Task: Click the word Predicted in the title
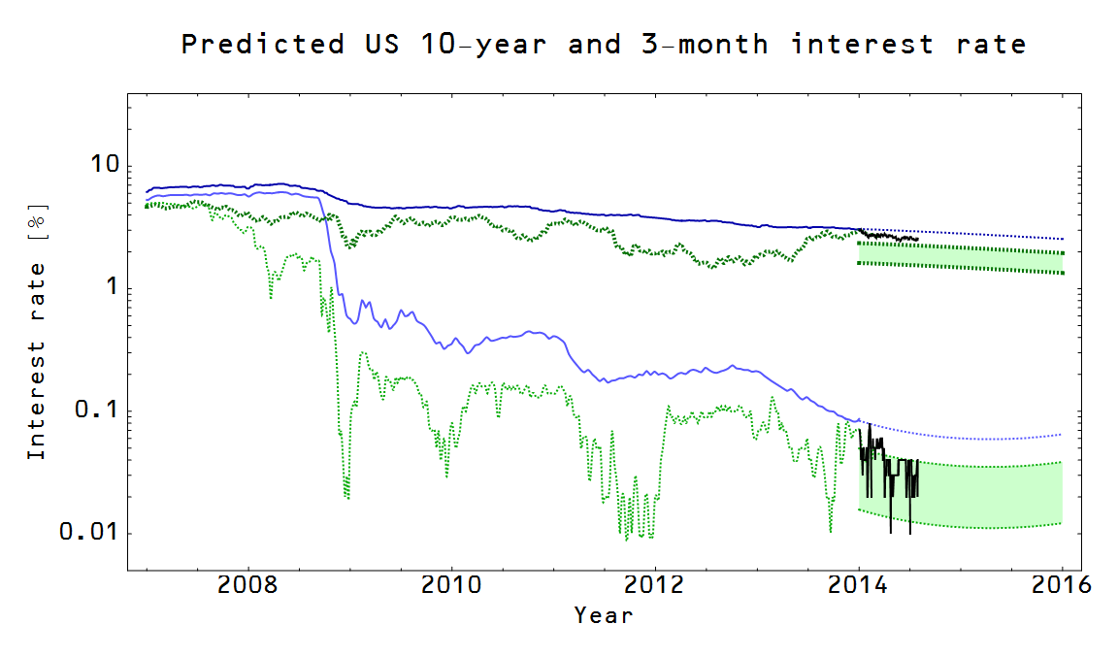[262, 45]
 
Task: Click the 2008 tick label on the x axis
[248, 585]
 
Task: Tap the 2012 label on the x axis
[655, 585]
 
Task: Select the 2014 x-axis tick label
[859, 585]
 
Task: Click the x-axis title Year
[603, 615]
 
